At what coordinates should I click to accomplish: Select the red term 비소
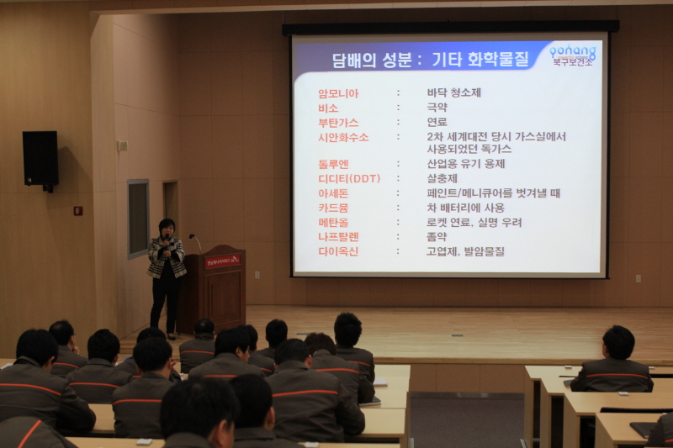pos(328,108)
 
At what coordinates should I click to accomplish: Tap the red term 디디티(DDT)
pos(349,178)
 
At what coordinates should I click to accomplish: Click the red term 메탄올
pos(334,223)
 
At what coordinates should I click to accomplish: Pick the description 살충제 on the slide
pos(442,178)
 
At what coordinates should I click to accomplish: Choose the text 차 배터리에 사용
pos(466,208)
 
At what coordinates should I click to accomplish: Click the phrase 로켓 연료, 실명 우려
pos(474,223)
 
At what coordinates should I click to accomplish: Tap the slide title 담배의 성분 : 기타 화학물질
pos(419,60)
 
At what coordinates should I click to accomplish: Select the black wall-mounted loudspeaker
pos(40,159)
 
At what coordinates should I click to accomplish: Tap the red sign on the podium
pos(222,261)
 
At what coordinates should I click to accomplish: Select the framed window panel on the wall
pos(138,218)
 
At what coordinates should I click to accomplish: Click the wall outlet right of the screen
pos(638,277)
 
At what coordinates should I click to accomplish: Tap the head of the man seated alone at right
pos(617,342)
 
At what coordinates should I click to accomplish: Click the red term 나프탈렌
pos(338,237)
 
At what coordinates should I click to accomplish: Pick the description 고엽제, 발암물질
pos(466,251)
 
